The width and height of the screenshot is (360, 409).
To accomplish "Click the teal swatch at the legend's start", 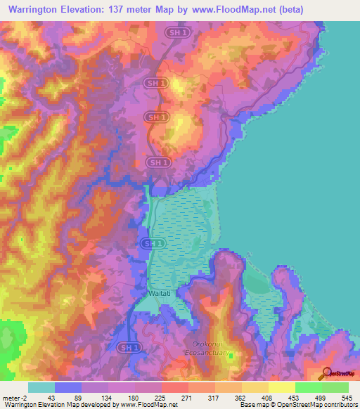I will [x=41, y=387].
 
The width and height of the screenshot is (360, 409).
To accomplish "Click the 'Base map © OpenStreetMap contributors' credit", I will [x=300, y=405].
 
